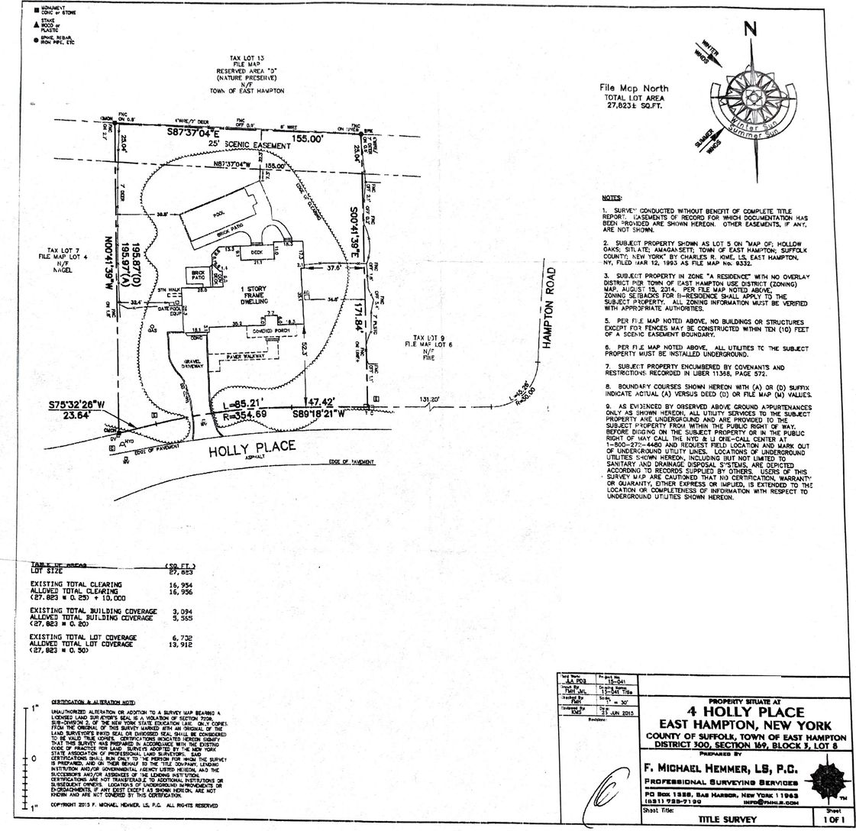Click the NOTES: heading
coord(613,198)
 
